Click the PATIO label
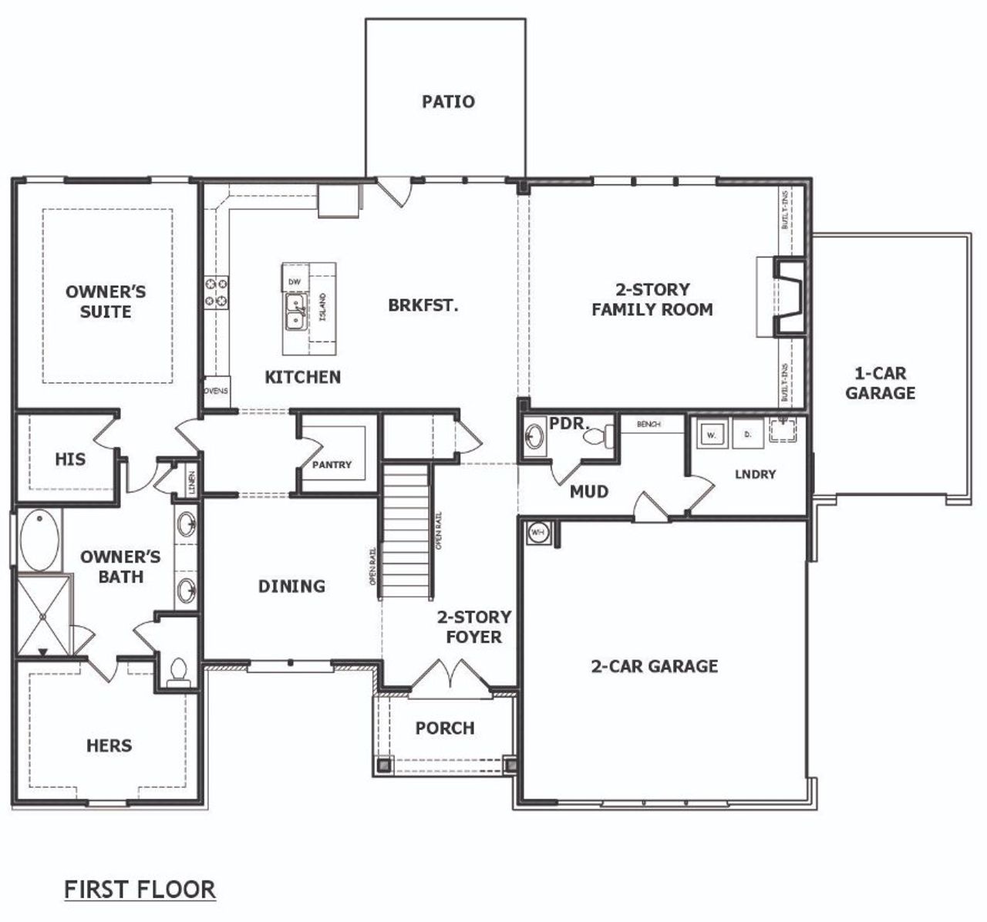(448, 102)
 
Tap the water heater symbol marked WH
(537, 533)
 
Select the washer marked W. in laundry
(711, 435)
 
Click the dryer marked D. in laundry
(746, 435)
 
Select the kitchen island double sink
(295, 311)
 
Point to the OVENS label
(216, 390)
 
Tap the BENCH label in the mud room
(648, 424)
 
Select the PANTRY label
(332, 465)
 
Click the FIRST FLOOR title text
(140, 889)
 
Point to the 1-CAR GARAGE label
(880, 383)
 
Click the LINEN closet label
(191, 483)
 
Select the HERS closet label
(109, 745)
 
